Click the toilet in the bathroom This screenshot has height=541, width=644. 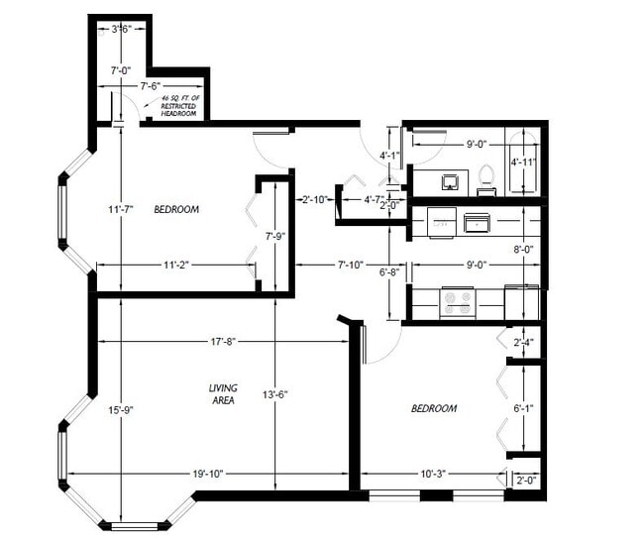485,177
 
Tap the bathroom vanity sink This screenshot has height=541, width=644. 448,181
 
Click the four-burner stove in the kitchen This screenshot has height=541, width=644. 457,300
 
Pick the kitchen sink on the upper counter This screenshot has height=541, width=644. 479,222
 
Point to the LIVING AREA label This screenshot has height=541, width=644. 222,393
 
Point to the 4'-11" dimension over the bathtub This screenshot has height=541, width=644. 523,162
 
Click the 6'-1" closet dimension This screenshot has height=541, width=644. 523,407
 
